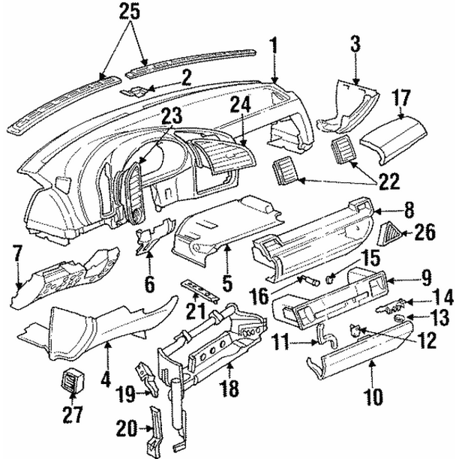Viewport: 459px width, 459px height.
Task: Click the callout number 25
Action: pyautogui.click(x=129, y=11)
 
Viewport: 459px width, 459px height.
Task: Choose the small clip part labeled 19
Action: pyautogui.click(x=143, y=373)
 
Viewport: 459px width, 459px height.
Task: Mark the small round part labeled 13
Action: pyautogui.click(x=401, y=318)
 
